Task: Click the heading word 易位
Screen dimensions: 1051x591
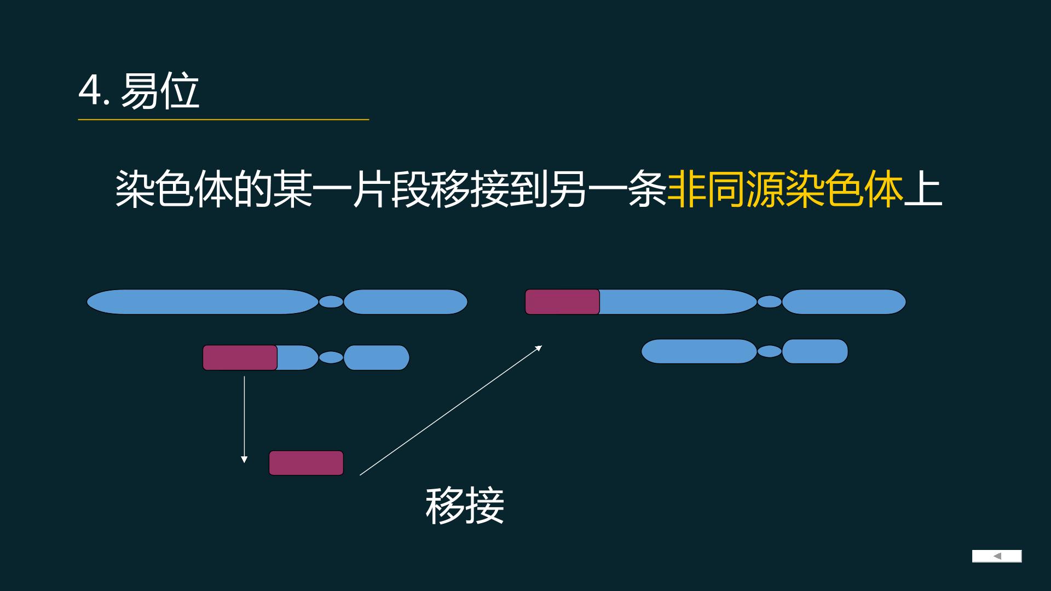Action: [x=160, y=91]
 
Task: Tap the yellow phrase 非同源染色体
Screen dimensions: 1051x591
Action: [x=785, y=189]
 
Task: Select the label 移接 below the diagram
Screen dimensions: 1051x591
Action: [x=465, y=506]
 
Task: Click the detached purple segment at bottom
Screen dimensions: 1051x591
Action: [x=306, y=463]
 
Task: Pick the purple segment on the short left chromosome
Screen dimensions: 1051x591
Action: [x=240, y=358]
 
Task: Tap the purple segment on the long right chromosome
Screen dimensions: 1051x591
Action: [x=562, y=302]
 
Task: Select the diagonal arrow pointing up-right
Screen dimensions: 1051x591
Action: [x=451, y=410]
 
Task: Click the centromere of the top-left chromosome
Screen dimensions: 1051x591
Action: [x=331, y=302]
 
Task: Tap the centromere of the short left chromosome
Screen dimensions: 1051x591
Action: [x=331, y=357]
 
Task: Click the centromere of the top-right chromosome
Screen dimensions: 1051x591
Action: [x=770, y=302]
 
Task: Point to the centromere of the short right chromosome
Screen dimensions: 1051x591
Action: [x=770, y=351]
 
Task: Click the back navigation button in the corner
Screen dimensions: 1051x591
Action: [x=997, y=556]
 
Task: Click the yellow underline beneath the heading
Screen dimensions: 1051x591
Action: [x=223, y=119]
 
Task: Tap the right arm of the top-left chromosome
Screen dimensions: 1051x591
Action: [x=406, y=302]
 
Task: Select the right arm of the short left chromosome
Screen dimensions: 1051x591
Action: [x=377, y=358]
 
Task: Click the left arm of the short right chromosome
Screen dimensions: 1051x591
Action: [x=699, y=351]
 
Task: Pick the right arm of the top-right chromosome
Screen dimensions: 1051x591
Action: [x=844, y=302]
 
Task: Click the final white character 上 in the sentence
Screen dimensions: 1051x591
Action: [x=923, y=189]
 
